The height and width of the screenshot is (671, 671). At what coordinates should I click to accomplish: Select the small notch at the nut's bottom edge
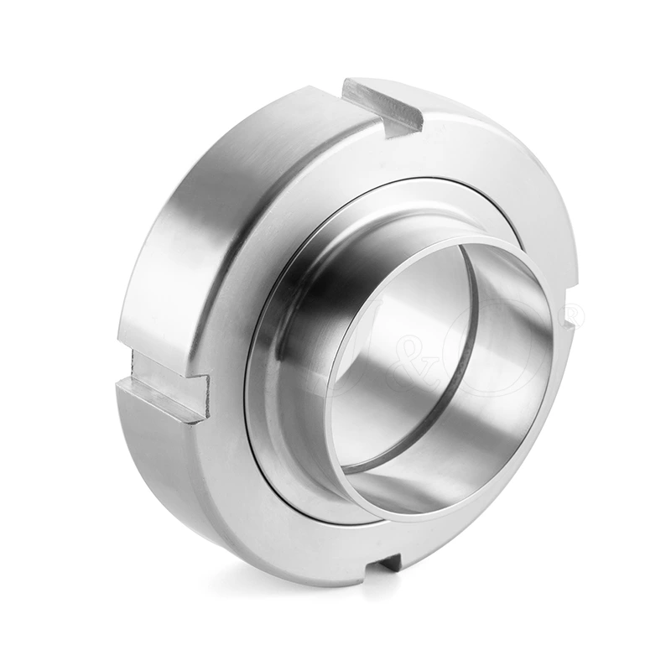(x=391, y=562)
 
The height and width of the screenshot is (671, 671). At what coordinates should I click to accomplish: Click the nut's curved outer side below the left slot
(x=159, y=470)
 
